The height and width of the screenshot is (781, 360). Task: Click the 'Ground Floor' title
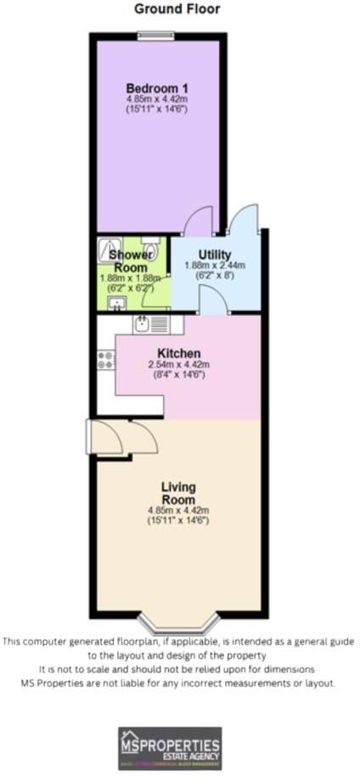[x=177, y=9]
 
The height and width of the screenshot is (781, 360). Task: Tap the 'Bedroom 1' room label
[x=157, y=88]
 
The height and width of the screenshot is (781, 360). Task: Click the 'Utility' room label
[x=214, y=254]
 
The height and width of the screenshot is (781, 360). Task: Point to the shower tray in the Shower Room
[x=110, y=250]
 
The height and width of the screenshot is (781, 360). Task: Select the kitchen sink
[x=141, y=323]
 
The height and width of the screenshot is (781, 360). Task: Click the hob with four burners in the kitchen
[x=106, y=359]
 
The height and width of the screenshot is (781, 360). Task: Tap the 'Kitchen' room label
[x=178, y=353]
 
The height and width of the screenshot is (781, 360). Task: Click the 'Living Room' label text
[x=179, y=493]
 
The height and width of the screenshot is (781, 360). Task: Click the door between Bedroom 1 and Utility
[x=197, y=222]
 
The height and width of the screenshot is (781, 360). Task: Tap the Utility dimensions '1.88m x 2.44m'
[x=214, y=266]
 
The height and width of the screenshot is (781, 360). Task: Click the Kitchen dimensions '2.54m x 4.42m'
[x=178, y=365]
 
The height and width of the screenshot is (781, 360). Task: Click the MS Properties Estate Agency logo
[x=169, y=748]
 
